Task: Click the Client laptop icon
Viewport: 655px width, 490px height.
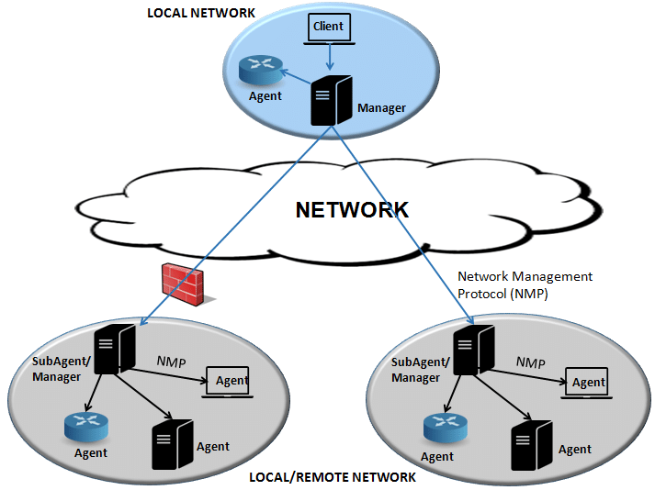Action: coord(329,28)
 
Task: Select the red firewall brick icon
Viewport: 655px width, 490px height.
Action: coord(183,284)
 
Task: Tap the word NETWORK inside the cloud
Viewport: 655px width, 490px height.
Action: coord(352,210)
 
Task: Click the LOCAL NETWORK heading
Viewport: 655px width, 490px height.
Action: coord(201,13)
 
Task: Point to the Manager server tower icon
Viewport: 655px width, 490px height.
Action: coord(332,100)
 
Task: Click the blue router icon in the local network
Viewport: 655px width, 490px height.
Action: coord(261,70)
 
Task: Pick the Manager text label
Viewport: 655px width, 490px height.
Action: coord(381,108)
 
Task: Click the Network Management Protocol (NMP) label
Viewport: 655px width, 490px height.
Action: coord(525,285)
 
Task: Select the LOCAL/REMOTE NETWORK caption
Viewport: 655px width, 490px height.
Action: coord(333,477)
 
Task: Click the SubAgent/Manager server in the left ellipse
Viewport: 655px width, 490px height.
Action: coord(115,350)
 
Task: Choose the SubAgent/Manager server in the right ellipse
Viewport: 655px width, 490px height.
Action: coord(474,351)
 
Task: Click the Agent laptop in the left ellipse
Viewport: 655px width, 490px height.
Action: coord(227,383)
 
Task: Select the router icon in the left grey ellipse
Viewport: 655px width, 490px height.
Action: coord(86,427)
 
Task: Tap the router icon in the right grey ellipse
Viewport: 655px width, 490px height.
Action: coord(446,428)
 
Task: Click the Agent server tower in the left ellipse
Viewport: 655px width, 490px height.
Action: coord(173,444)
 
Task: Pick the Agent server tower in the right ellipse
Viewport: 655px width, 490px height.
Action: coord(532,445)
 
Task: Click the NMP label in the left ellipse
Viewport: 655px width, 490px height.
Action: coord(171,362)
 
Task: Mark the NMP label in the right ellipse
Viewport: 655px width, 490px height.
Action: coord(530,362)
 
